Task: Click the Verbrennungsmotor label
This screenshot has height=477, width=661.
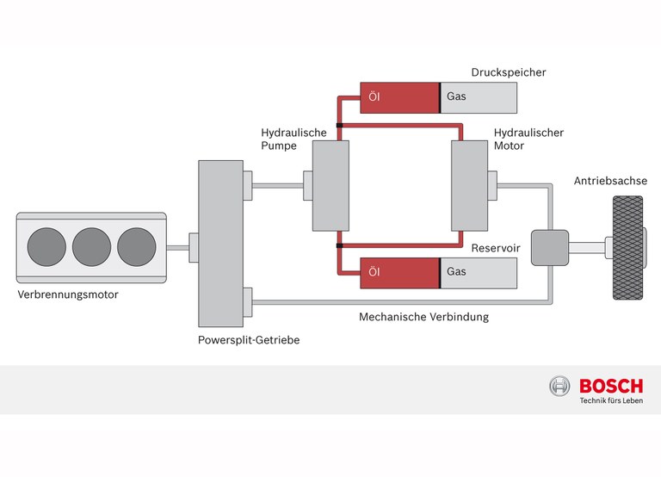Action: [x=68, y=294]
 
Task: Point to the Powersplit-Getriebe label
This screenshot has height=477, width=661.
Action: [x=249, y=340]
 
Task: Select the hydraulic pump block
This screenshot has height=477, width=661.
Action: [x=330, y=187]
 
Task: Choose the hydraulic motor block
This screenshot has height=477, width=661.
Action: [x=470, y=187]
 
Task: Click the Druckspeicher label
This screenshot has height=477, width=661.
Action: [x=509, y=72]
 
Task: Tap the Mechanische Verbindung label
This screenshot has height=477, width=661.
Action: [x=423, y=317]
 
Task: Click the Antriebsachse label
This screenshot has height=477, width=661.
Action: [x=610, y=181]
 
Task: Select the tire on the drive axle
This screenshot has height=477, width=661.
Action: [x=628, y=248]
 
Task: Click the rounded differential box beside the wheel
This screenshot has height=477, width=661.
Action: [x=550, y=248]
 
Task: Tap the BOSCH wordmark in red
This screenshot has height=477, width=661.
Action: [x=611, y=387]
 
